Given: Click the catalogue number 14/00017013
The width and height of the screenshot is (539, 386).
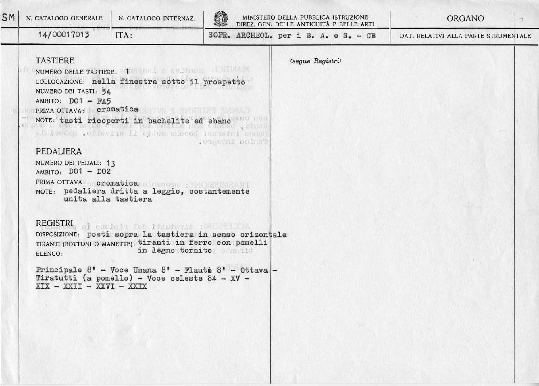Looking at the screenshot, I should [63, 36].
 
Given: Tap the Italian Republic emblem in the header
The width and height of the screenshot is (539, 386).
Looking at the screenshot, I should [220, 19].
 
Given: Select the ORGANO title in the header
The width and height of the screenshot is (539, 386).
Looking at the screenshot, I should [465, 19].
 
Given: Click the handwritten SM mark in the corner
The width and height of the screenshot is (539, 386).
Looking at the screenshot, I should [9, 18].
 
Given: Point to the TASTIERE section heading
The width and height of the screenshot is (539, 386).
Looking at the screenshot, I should [55, 60].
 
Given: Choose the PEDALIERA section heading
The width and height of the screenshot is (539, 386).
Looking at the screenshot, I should [59, 151].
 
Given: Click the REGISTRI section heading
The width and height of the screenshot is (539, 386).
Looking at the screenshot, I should [55, 223].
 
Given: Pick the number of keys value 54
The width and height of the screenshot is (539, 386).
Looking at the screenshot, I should [106, 91].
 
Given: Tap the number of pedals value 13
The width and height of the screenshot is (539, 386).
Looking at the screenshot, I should [111, 164].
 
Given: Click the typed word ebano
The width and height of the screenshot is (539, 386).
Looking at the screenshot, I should [220, 121].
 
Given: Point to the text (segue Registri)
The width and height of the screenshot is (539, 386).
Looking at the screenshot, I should [315, 61].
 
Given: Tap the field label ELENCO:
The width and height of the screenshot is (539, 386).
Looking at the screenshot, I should [49, 254].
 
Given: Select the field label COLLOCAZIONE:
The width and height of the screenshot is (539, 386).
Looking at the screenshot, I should [60, 82].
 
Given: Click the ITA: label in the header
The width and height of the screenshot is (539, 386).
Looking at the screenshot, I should [123, 36].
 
